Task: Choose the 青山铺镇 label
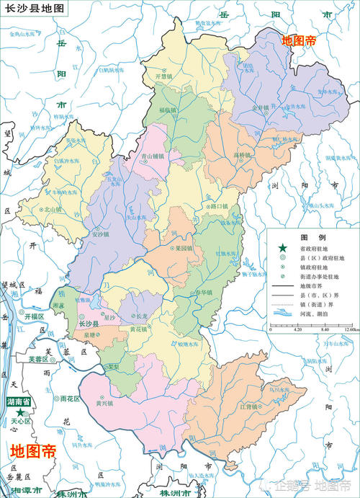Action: click(152, 155)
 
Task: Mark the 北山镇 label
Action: click(53, 209)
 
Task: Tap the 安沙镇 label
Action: click(101, 234)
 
